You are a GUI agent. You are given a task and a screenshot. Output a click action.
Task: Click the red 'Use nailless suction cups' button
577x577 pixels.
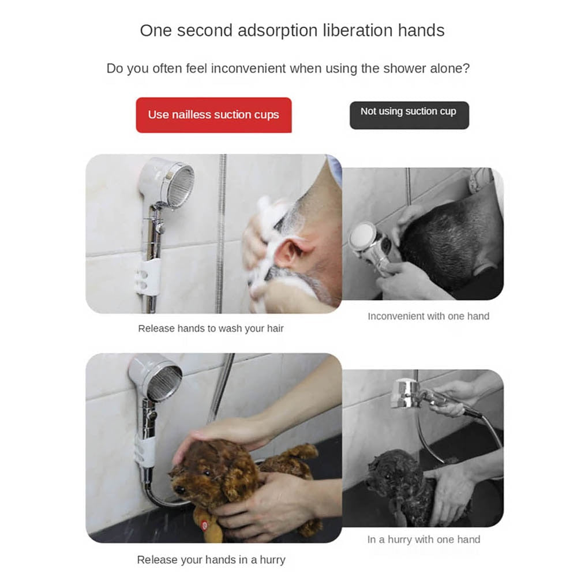coord(213,115)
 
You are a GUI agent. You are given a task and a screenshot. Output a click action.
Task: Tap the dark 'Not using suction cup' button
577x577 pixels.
coord(409,112)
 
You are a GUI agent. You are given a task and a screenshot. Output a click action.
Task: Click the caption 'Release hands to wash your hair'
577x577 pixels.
coord(211,328)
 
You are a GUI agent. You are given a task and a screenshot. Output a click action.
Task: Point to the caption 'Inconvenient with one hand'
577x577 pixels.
coord(428,316)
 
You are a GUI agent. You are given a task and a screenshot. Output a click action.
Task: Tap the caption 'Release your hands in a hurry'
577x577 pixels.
coord(211,559)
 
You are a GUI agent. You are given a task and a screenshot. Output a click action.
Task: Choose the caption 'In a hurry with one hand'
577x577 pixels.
coord(424,539)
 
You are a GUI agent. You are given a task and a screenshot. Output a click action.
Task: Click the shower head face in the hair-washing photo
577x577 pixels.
coord(178,185)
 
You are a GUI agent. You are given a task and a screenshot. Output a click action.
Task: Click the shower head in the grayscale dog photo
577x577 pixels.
coord(407,392)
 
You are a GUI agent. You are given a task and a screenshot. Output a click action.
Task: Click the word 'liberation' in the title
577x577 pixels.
coord(365,31)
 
